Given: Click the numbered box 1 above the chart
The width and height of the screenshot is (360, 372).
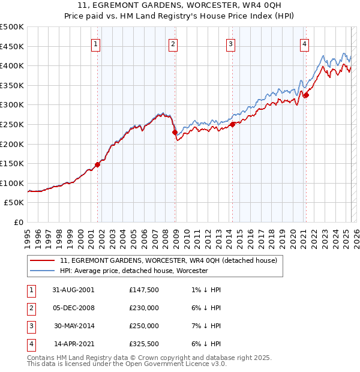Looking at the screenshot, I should [96, 43].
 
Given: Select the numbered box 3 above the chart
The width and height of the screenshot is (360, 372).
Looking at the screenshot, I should [231, 43].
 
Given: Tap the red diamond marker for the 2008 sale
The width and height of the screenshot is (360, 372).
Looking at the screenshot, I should [175, 133].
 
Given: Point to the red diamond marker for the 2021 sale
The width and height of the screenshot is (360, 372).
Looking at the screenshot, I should [305, 95].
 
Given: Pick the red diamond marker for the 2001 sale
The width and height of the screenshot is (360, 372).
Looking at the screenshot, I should [97, 164].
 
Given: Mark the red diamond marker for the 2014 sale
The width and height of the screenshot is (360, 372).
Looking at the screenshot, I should [232, 125].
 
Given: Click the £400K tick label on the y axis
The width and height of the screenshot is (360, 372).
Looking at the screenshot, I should [12, 65].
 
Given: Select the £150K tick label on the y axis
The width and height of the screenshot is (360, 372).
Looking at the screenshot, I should [12, 163].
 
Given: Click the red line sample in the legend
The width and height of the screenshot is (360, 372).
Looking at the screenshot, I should [42, 261].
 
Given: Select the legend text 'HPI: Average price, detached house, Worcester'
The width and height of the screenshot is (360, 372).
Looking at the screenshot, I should [134, 271].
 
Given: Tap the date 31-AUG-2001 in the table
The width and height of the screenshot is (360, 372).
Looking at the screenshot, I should [74, 290].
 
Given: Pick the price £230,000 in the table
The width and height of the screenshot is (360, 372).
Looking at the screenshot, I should [144, 308].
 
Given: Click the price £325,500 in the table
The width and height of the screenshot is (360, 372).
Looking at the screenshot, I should [144, 344].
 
